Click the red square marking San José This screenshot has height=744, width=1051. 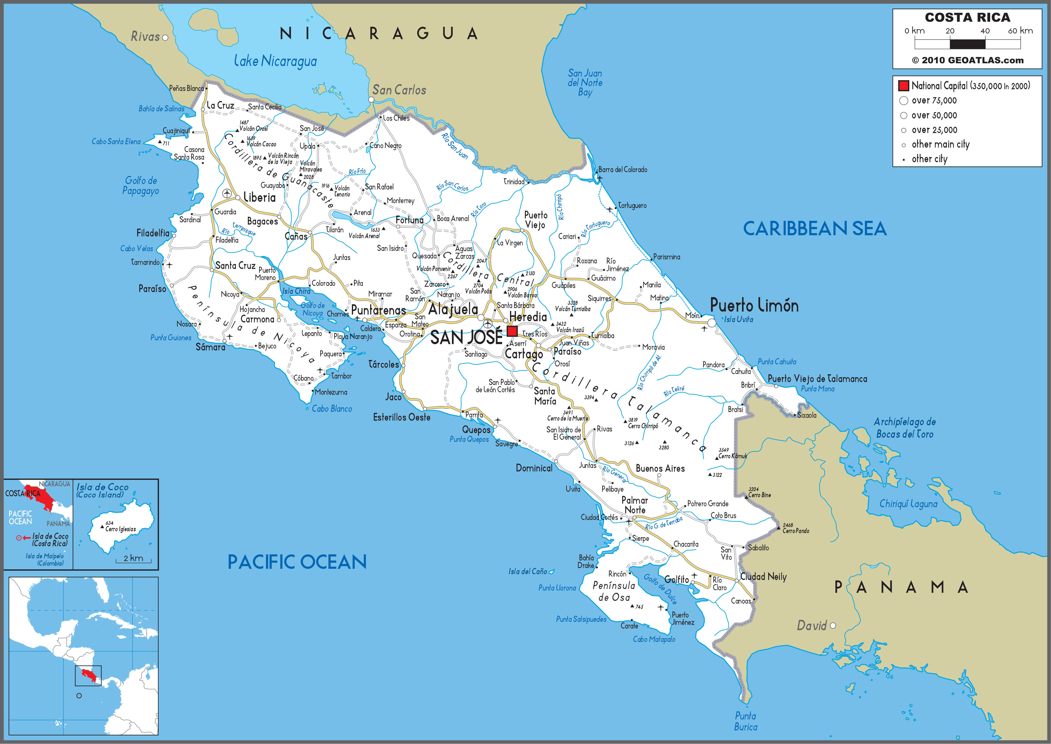coord(512,331)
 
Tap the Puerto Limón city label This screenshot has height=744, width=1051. coord(754,306)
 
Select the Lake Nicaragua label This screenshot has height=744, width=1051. coord(275,61)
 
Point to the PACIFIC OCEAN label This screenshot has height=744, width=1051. coord(297,562)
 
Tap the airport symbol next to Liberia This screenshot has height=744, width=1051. coord(226,193)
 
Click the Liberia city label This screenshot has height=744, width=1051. coord(259,197)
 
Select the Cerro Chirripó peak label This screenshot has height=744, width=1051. coord(643,426)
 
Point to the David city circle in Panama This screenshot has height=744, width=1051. coord(833,626)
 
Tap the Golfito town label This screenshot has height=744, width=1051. coord(676,580)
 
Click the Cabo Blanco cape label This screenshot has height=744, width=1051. coord(332,409)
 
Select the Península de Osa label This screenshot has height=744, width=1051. coord(614,591)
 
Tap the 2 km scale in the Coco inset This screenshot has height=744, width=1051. coord(133,559)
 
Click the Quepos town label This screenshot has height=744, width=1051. coord(476,430)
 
